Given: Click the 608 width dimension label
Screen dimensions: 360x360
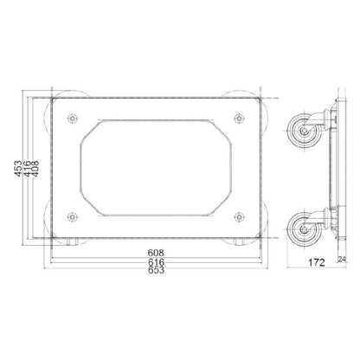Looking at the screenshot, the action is [x=156, y=253].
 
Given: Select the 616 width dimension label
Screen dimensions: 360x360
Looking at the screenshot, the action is [x=156, y=262].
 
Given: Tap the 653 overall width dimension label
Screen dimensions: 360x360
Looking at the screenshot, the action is [x=156, y=270].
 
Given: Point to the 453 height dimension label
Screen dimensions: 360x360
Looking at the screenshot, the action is [x=18, y=169].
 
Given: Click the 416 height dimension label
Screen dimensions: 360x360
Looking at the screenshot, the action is [x=28, y=169].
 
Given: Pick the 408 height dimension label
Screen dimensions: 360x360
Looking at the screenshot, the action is [x=35, y=169].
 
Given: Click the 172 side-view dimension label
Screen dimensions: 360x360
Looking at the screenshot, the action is [x=317, y=262].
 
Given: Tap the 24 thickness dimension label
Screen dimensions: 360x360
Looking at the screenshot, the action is [x=342, y=259].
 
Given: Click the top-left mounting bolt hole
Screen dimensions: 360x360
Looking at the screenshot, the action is [x=72, y=119].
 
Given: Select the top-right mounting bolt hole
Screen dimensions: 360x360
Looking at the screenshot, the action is [x=239, y=119].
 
